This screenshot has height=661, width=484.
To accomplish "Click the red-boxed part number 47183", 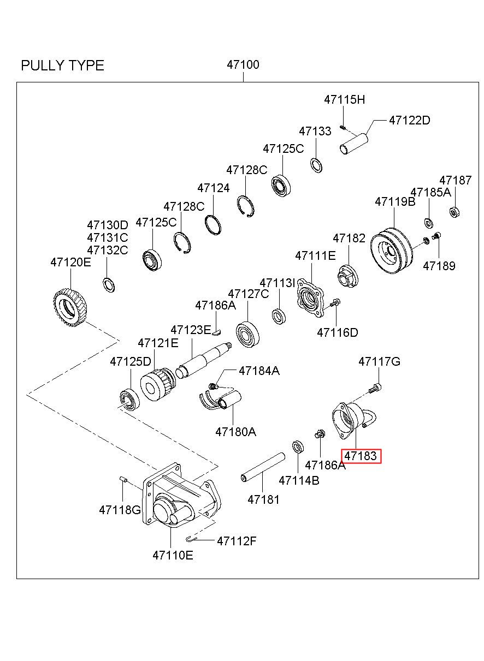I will click(x=361, y=456).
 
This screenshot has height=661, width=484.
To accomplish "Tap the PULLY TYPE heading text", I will click(x=62, y=66).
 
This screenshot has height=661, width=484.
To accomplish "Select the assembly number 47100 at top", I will click(x=243, y=65).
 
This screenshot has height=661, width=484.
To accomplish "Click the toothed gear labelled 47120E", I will click(x=70, y=309).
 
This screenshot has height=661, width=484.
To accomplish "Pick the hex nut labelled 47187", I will click(x=453, y=211).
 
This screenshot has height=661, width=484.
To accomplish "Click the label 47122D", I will click(x=409, y=121).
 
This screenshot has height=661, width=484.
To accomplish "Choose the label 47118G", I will click(x=120, y=510).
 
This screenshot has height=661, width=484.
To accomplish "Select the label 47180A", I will click(x=235, y=432).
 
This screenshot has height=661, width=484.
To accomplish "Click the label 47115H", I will click(x=344, y=100).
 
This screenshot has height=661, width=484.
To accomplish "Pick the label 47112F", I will click(x=237, y=541).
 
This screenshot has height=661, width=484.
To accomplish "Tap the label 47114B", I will click(x=299, y=480).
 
